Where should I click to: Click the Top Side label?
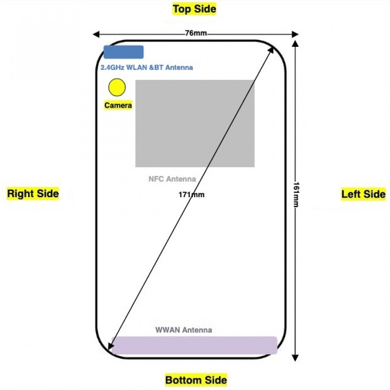(194, 9)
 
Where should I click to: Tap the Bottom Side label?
(196, 380)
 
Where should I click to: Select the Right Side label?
(33, 193)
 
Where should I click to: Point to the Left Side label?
(363, 194)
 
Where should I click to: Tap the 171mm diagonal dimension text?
(191, 195)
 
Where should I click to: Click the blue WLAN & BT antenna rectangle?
(123, 52)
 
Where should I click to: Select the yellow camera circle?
(117, 87)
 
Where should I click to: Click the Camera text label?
(118, 105)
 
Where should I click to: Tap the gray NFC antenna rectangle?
(195, 123)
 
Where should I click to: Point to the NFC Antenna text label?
(172, 179)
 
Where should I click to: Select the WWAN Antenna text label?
(184, 330)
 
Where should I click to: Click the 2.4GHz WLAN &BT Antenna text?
(146, 68)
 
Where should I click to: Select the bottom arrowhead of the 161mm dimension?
(295, 357)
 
